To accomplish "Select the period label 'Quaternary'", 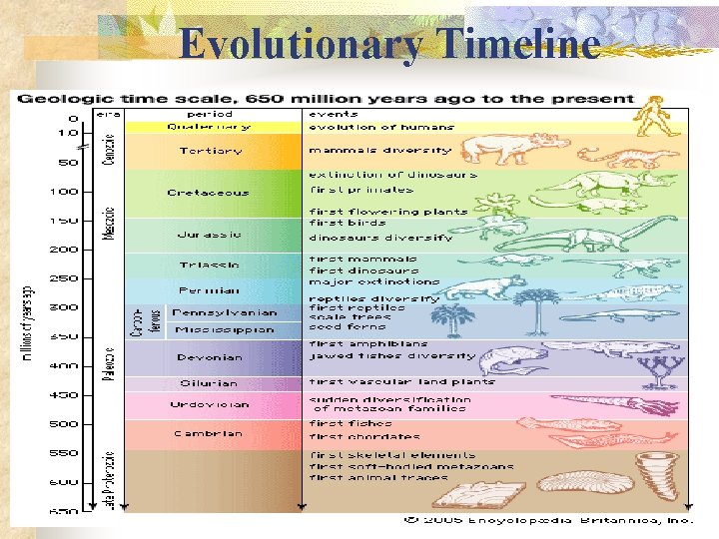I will coord(209,127).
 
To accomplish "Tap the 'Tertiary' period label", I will coord(209,151).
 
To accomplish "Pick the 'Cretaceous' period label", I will coord(209,193).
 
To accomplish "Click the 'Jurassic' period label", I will coord(209,235).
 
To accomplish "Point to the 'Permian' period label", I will coord(209,290).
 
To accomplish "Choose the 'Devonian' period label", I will coord(209,356).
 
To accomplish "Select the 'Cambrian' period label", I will coord(209,433).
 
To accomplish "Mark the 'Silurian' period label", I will coord(209,382).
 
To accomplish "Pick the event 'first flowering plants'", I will coord(388,212).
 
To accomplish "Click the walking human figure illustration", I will coord(653,116).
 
